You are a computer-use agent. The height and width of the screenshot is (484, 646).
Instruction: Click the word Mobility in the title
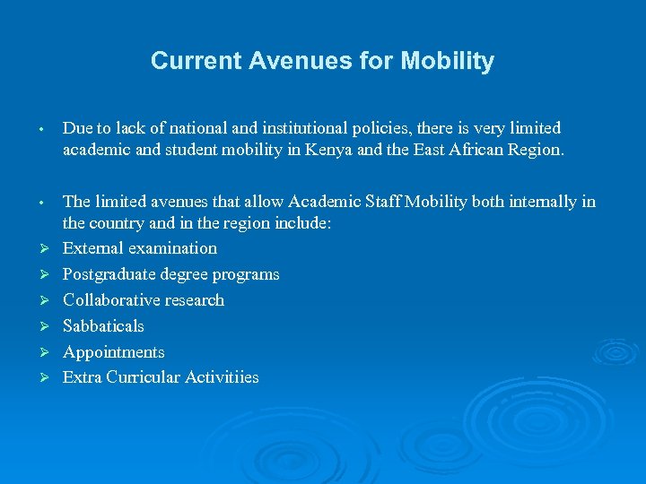[x=447, y=61]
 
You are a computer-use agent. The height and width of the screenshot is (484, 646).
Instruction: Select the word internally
[x=541, y=201]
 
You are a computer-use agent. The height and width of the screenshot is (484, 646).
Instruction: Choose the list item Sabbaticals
[x=103, y=326]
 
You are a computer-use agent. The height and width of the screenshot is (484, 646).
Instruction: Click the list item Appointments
[x=114, y=352]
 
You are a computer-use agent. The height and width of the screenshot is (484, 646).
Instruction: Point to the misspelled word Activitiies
[x=222, y=378]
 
